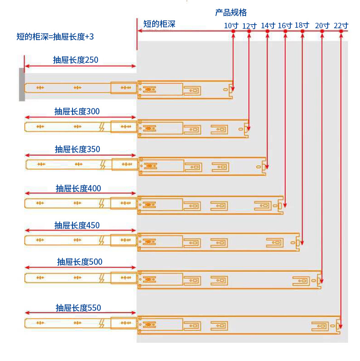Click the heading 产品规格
tap(231, 12)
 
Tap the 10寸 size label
tap(231, 26)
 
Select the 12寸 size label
tap(249, 26)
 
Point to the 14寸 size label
tap(268, 26)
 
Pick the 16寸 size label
tap(285, 26)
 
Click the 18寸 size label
tap(302, 25)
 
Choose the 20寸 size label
tap(322, 26)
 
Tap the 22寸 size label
tap(341, 26)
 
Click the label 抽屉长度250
tap(75, 60)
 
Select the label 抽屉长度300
tap(77, 111)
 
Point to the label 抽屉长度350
tap(77, 149)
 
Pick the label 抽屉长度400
tap(78, 188)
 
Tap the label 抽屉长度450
tap(77, 225)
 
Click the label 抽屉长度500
tap(80, 262)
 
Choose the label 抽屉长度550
tap(78, 308)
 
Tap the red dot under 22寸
tap(341, 31)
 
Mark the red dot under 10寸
tap(233, 31)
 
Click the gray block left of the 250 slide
tap(21, 84)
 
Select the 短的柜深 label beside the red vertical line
tap(159, 24)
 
